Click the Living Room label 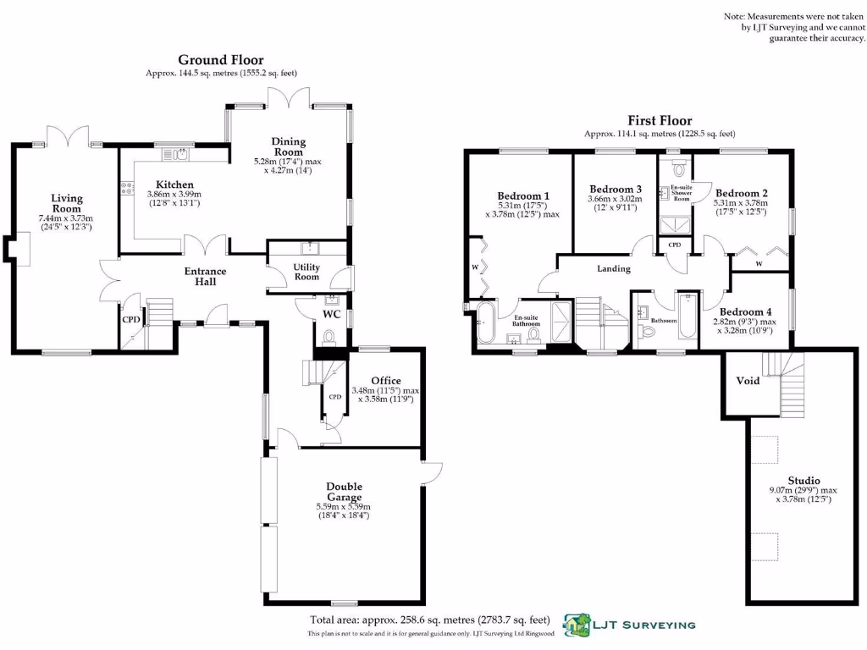click(x=66, y=203)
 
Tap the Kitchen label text click(x=174, y=185)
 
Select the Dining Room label click(x=289, y=146)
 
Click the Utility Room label click(x=306, y=272)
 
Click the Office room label click(x=385, y=381)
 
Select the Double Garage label click(x=344, y=492)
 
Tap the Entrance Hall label click(x=206, y=276)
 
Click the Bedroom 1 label click(x=522, y=196)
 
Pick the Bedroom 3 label click(x=616, y=189)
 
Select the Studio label click(x=803, y=480)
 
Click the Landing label click(x=614, y=268)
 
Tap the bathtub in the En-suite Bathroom click(x=485, y=325)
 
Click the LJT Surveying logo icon click(x=577, y=625)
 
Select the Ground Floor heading click(x=220, y=60)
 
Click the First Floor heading click(x=659, y=121)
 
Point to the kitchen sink click(x=181, y=154)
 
